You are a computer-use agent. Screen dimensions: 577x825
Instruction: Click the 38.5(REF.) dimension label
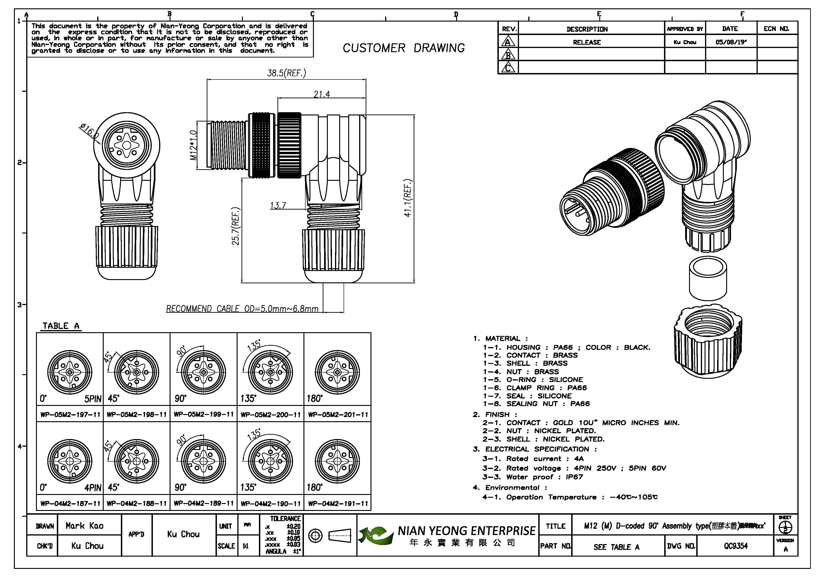[286, 73]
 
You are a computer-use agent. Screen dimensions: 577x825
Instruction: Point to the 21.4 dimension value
[321, 94]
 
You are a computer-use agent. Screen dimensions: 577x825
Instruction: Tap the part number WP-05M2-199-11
[203, 414]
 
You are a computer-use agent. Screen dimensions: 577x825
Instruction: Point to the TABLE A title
[61, 326]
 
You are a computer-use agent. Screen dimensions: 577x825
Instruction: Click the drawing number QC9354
[735, 546]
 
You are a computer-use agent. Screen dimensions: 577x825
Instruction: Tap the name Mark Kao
[84, 526]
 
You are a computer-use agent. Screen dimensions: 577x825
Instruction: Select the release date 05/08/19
[731, 42]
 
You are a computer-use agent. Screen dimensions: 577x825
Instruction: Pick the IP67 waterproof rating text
[574, 477]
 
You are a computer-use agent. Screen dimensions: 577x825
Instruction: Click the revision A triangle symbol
[508, 42]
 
